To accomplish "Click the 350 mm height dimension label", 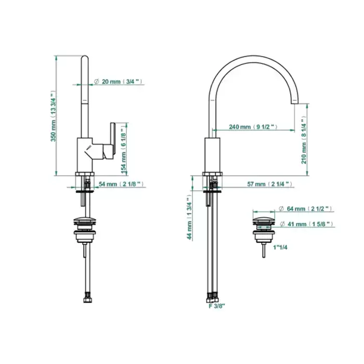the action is tap(54, 116).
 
